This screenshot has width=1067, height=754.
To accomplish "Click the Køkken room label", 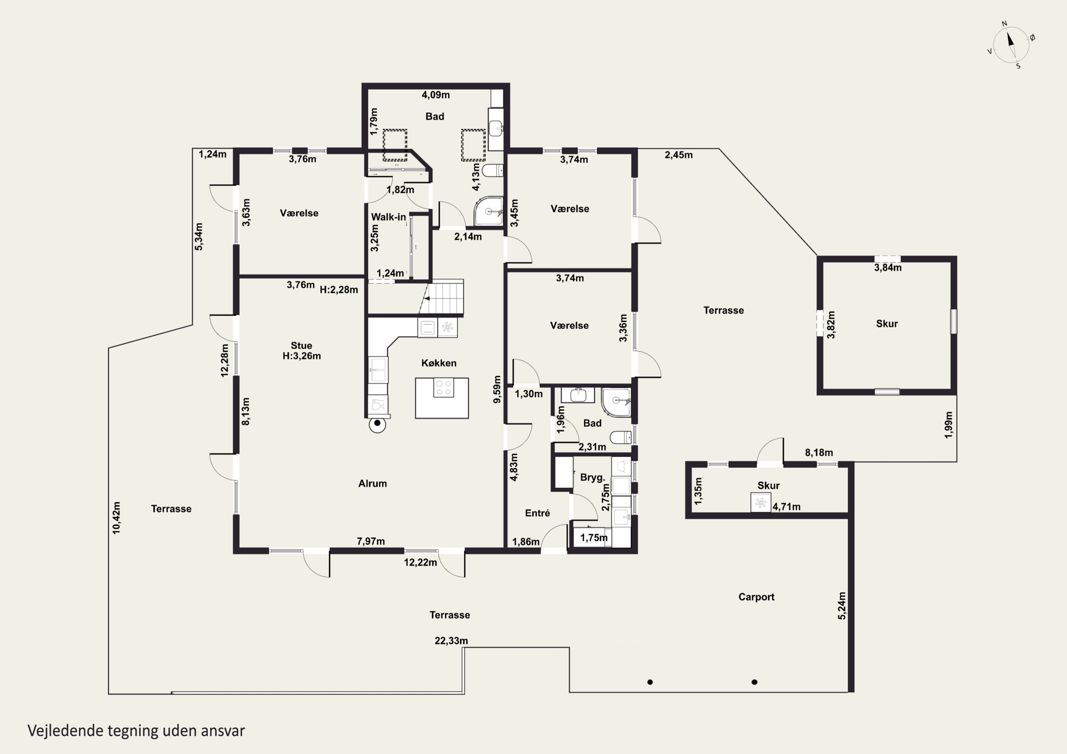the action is point(439,363).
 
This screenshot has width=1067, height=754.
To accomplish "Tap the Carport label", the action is point(756,597).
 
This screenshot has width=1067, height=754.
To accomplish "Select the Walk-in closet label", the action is point(388,217).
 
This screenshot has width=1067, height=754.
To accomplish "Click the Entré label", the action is point(537,513).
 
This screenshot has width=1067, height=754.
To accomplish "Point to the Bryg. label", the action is point(593,477).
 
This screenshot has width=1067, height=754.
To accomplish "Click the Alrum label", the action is point(372,483).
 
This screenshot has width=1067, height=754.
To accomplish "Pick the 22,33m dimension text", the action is point(451,641).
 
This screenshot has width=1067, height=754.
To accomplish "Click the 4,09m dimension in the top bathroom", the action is point(435,95).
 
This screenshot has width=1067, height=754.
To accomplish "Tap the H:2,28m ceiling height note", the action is point(339,290).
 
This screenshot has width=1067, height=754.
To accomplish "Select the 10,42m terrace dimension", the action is point(116,518).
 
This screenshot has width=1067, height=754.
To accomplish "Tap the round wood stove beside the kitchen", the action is point(377,424).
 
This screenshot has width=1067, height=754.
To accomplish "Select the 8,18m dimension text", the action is point(819,452).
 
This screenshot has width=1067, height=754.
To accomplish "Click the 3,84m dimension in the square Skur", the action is point(888,268).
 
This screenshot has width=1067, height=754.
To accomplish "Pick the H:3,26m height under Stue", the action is point(302,356).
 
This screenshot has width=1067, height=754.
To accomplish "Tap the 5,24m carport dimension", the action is point(842,605).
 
